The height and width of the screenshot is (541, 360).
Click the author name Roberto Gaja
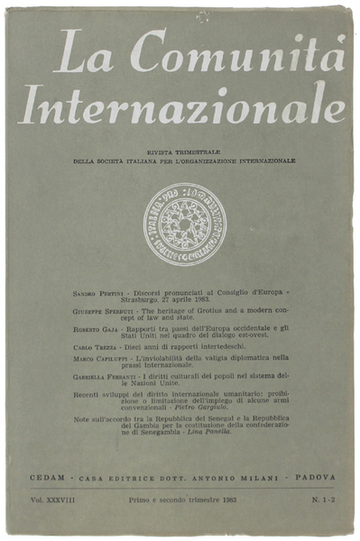point(97,330)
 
